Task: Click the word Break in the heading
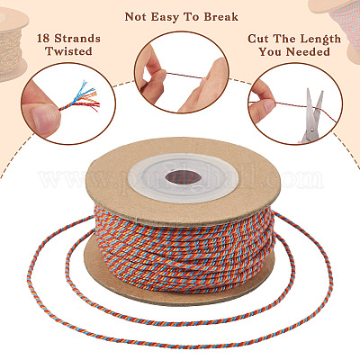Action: (221, 17)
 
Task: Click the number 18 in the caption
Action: (44, 39)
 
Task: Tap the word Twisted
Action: (68, 51)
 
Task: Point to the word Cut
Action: (257, 39)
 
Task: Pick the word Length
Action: (320, 40)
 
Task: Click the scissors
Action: (312, 116)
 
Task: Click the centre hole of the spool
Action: (183, 177)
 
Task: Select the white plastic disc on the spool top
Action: (184, 178)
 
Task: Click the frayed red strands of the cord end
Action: (91, 105)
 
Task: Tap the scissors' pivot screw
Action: (312, 130)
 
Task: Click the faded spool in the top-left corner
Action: (13, 43)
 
